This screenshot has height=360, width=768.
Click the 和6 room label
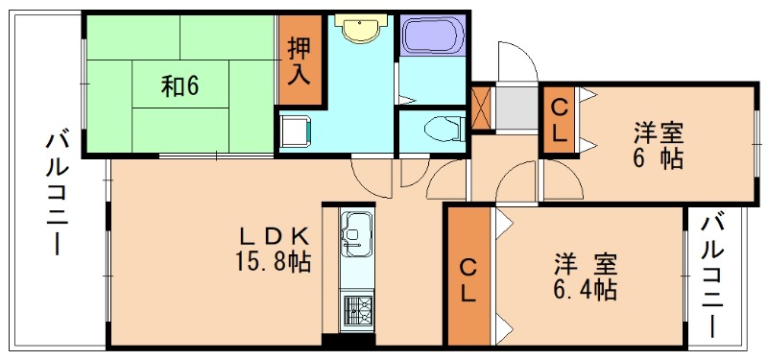(x=180, y=87)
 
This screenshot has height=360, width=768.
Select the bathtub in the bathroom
(x=431, y=38)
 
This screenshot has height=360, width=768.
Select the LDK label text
(x=273, y=236)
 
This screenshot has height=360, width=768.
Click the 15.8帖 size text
(x=273, y=261)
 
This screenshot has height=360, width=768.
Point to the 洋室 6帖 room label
(x=659, y=144)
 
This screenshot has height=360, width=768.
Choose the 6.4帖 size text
(x=584, y=286)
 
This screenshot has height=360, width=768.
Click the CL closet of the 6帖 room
(x=558, y=121)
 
